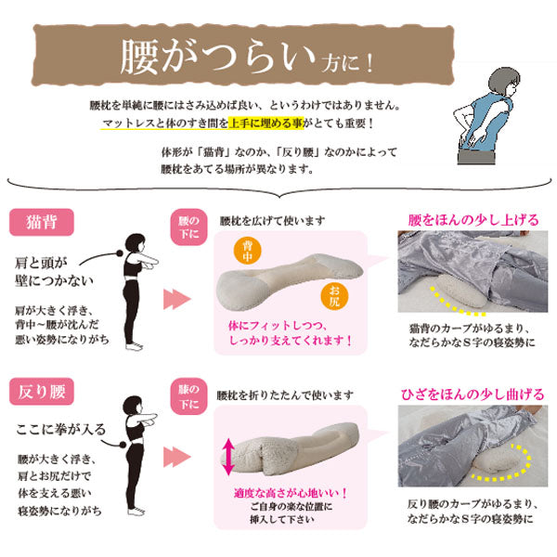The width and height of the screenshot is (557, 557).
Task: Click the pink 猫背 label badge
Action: pyautogui.click(x=42, y=223)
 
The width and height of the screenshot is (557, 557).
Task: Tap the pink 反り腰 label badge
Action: pyautogui.click(x=42, y=392)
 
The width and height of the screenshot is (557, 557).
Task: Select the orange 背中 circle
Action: pyautogui.click(x=248, y=252)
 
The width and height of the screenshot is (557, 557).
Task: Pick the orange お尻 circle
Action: pyautogui.click(x=334, y=296)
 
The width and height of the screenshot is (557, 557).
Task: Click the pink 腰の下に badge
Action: pyautogui.click(x=188, y=227)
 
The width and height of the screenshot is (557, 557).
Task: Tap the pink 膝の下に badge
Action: pyautogui.click(x=188, y=396)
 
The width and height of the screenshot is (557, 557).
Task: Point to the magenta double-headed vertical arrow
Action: pyautogui.click(x=228, y=457)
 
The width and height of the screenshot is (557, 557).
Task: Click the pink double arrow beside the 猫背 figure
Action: pyautogui.click(x=177, y=299)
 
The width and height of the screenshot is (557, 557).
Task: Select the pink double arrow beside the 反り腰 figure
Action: pyautogui.click(x=177, y=457)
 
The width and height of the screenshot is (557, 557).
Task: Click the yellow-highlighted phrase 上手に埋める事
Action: pyautogui.click(x=266, y=123)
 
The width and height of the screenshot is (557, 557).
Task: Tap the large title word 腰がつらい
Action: pyautogui.click(x=217, y=57)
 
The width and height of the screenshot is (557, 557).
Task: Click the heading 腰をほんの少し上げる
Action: pyautogui.click(x=473, y=220)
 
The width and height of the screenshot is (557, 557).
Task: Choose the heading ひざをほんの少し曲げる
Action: pyautogui.click(x=473, y=395)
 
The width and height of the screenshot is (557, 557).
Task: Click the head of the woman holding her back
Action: pyautogui.click(x=503, y=82)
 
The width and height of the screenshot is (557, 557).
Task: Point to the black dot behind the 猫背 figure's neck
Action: pyautogui.click(x=120, y=253)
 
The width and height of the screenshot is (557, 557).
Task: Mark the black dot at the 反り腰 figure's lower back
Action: pyautogui.click(x=123, y=444)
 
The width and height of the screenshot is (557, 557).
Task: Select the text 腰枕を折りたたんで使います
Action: pyautogui.click(x=285, y=395)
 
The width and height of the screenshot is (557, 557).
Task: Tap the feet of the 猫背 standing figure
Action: pyautogui.click(x=135, y=346)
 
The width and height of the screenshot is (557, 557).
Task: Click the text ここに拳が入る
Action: pyautogui.click(x=61, y=430)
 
